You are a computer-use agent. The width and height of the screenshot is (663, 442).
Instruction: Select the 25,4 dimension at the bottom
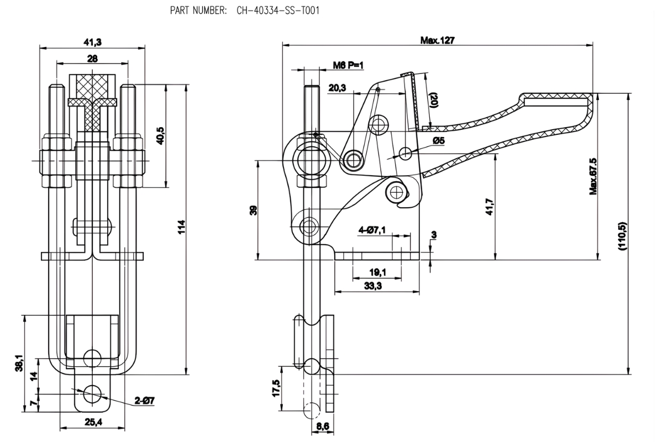[x=93, y=422]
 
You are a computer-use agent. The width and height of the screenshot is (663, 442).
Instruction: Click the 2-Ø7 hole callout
[x=144, y=400]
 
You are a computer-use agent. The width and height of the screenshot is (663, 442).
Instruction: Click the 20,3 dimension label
[x=337, y=88]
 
